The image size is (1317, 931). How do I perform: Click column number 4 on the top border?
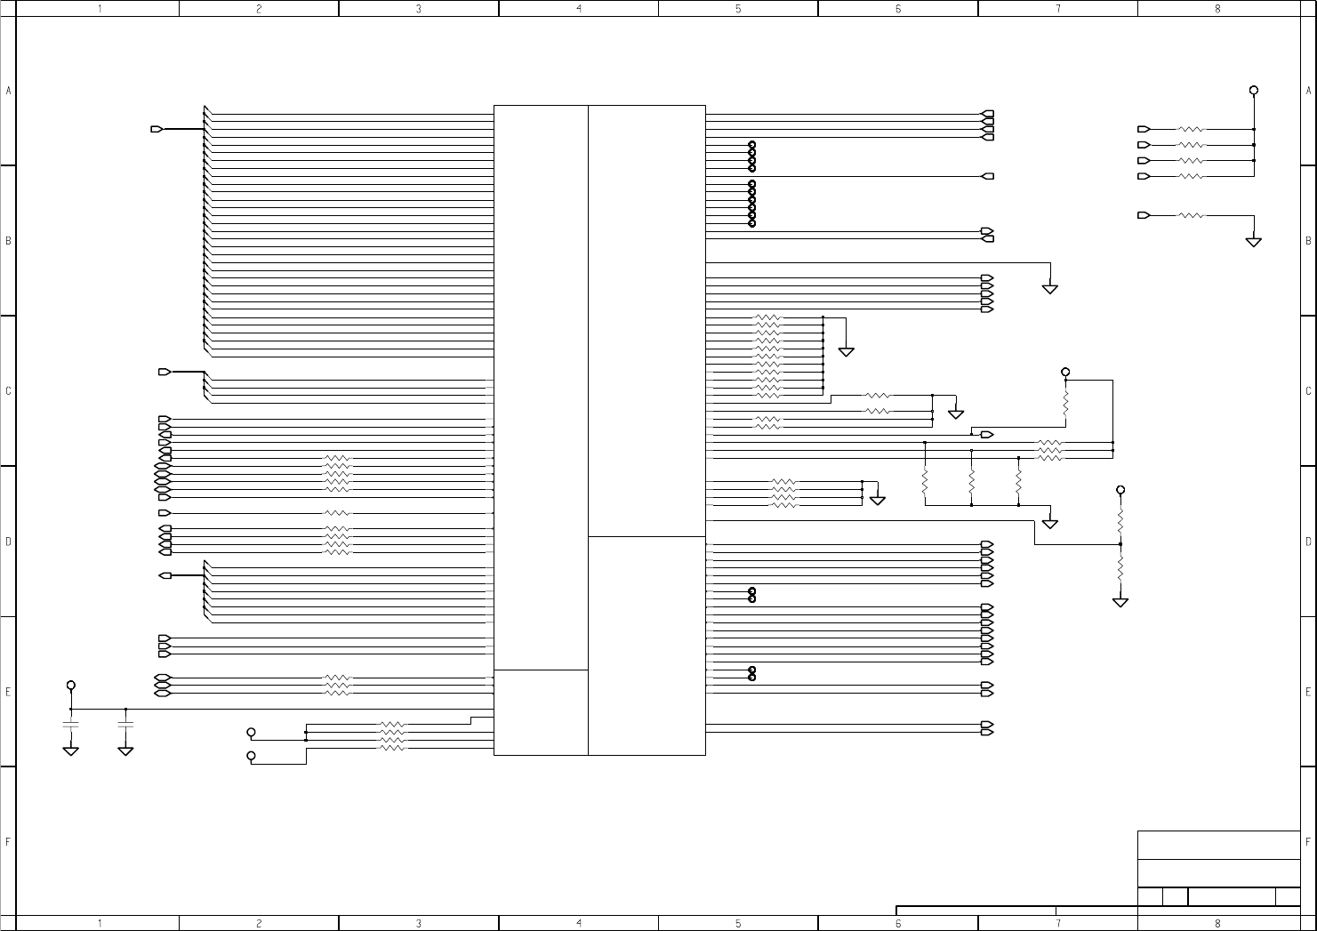pos(579,8)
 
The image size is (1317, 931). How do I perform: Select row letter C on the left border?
pos(8,390)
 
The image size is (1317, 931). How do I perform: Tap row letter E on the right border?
pos(1308,691)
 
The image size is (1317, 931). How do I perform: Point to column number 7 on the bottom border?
pos(1057,923)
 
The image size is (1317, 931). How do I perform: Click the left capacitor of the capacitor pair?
pos(71,725)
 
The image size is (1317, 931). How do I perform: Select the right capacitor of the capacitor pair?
pos(125,725)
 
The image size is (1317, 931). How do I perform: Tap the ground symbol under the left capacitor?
pos(71,751)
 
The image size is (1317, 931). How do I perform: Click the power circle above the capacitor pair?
pos(71,686)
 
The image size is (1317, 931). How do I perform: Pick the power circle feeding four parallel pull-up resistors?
pos(1254,90)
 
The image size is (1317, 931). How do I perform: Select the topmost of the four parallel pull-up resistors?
pos(1191,129)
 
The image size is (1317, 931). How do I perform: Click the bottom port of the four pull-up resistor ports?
pos(1144,176)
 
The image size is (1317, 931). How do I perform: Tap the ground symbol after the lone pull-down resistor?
pos(1254,242)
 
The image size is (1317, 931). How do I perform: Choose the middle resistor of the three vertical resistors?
pos(972,481)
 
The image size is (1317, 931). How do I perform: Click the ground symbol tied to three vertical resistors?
pos(1050,524)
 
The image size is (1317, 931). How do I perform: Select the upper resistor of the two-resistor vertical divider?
pos(1120,517)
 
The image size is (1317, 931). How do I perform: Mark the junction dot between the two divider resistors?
pos(1120,544)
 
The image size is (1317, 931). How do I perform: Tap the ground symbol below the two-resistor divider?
pos(1120,603)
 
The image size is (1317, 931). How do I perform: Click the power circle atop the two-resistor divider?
pos(1120,490)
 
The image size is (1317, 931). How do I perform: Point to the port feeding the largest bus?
pos(157,129)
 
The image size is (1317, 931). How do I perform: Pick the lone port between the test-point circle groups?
pos(987,176)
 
